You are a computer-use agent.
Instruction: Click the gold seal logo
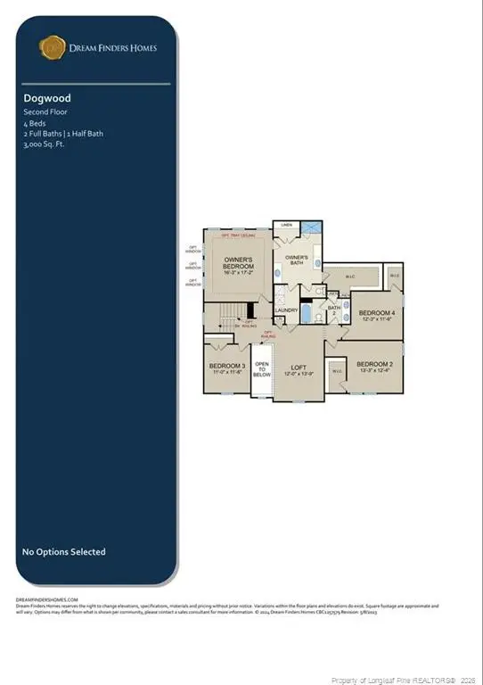click(x=51, y=46)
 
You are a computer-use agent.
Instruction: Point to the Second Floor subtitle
click(x=45, y=112)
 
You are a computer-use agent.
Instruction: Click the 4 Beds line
click(x=34, y=123)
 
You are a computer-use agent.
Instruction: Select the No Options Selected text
click(x=63, y=552)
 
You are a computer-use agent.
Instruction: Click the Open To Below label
click(x=262, y=369)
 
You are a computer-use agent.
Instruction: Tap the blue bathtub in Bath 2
click(x=307, y=314)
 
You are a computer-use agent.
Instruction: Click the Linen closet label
click(x=286, y=225)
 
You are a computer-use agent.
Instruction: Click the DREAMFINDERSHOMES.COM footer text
click(x=47, y=599)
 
